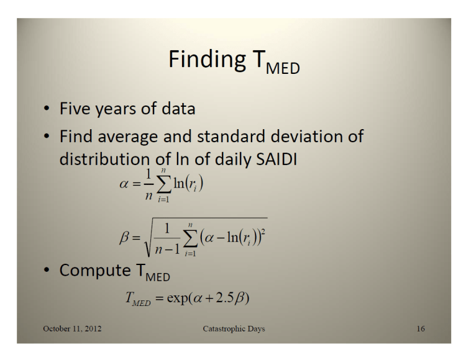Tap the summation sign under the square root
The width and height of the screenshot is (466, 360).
[191, 237]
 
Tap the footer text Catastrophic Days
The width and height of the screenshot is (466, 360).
[234, 328]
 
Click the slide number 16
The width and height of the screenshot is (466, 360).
[421, 328]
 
